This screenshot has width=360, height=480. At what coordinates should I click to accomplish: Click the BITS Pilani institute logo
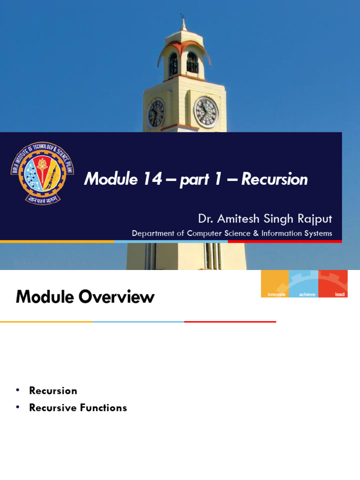click(x=42, y=173)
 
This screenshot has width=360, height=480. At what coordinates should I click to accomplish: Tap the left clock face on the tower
click(x=156, y=113)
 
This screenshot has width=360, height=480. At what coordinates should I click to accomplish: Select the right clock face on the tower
click(x=206, y=112)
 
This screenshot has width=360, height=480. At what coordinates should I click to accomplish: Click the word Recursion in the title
click(x=274, y=179)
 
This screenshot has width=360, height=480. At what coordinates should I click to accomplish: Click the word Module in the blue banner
click(x=111, y=179)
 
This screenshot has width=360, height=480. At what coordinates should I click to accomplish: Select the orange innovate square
click(x=275, y=284)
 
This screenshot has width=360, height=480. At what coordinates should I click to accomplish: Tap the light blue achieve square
click(x=304, y=284)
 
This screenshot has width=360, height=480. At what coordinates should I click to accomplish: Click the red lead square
click(x=333, y=284)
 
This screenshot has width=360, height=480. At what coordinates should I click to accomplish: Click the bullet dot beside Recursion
click(x=18, y=390)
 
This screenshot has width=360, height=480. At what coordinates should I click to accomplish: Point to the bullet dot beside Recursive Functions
click(x=18, y=407)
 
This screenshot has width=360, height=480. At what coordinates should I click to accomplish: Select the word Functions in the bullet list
click(x=104, y=408)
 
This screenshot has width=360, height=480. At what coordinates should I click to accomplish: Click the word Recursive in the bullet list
click(x=52, y=408)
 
